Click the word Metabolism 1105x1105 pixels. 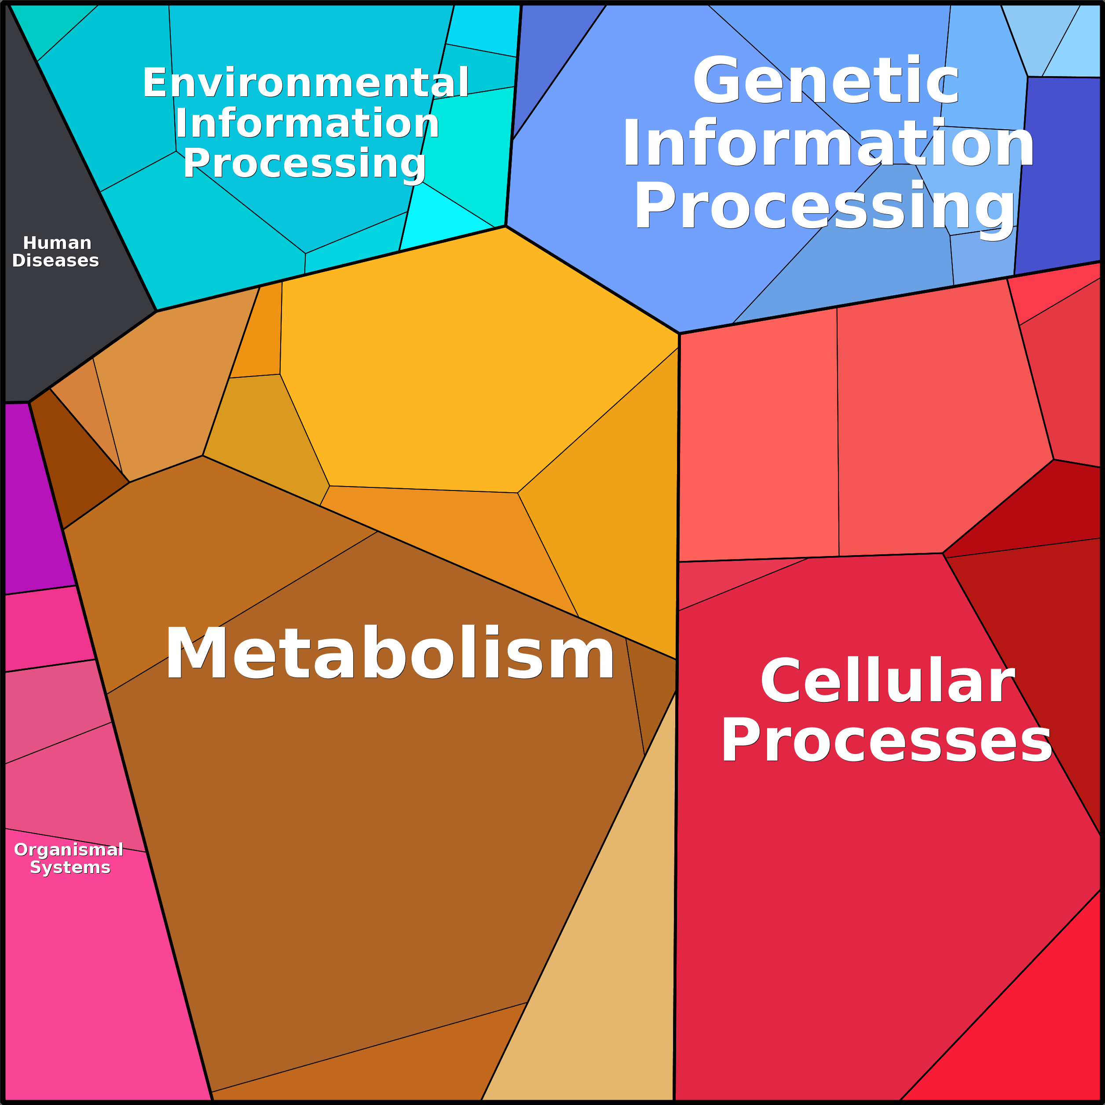point(389,654)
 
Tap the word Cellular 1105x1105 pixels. point(887,681)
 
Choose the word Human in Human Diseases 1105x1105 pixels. point(57,243)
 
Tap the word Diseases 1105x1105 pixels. point(55,261)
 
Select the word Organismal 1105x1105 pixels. point(69,850)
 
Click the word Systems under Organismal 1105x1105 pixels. point(70,867)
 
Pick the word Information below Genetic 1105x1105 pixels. point(828,144)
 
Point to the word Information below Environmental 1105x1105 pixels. point(307,123)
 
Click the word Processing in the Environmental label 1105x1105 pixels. point(304,164)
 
